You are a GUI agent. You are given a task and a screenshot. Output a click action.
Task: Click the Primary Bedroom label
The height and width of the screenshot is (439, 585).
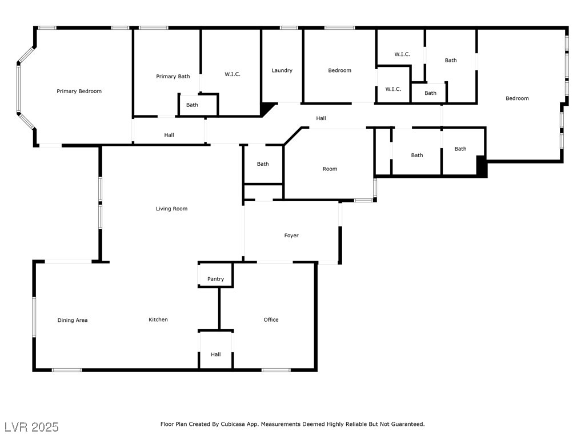click(x=79, y=91)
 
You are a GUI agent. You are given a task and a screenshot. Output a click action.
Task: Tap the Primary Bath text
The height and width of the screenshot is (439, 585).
click(x=173, y=76)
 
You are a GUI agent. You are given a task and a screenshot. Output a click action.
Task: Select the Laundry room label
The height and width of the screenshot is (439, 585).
click(x=282, y=70)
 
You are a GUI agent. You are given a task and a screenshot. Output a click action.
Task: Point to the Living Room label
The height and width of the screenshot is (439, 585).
click(x=171, y=209)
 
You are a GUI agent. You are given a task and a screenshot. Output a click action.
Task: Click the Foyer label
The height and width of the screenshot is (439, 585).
click(x=291, y=236)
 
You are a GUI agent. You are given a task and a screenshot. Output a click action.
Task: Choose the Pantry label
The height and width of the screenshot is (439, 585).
click(x=215, y=279)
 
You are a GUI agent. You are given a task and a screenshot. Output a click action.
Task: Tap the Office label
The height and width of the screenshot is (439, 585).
click(x=271, y=320)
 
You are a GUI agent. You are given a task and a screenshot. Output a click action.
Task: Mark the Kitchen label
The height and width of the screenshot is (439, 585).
click(x=158, y=320)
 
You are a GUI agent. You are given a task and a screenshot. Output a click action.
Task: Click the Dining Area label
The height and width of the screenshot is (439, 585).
click(x=73, y=320)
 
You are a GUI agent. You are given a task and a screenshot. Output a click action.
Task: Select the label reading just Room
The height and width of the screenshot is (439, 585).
click(x=330, y=169)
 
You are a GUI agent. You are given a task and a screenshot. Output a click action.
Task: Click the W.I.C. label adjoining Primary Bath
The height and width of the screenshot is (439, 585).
click(x=232, y=74)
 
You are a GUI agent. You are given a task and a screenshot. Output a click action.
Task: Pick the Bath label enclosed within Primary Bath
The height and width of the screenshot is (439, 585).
click(x=192, y=105)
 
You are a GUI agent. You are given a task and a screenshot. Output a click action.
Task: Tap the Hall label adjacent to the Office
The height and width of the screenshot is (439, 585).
click(x=215, y=354)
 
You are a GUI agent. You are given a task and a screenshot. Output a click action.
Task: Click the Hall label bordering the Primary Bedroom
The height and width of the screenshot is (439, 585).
click(x=169, y=135)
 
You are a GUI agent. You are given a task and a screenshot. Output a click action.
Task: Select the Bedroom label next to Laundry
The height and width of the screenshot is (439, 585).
click(x=339, y=70)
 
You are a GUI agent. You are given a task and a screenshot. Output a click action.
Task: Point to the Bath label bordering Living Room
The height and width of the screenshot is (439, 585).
click(x=262, y=164)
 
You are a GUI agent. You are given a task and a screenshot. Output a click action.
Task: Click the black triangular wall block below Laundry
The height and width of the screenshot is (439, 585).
click(x=266, y=109)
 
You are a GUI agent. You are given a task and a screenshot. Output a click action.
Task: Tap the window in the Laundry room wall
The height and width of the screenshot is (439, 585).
click(x=289, y=27)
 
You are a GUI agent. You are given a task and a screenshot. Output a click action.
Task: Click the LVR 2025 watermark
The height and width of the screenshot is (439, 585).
click(x=31, y=427)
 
